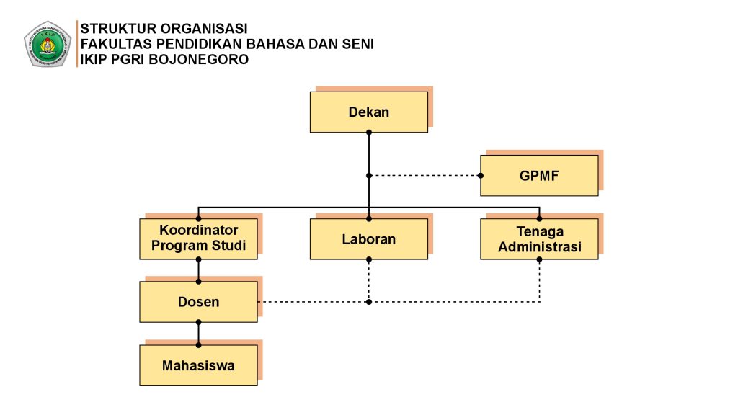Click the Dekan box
[x=368, y=112]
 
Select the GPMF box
[x=539, y=175]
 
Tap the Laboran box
[x=368, y=238]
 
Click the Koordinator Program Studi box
[x=198, y=238]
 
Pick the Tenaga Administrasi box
[x=539, y=238]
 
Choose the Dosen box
[x=198, y=301]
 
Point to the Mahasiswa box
[x=198, y=365]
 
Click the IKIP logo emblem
[x=47, y=44]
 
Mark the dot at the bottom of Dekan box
[x=368, y=133]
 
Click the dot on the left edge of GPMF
[x=481, y=175]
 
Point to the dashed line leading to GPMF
[x=425, y=175]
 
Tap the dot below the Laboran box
[x=368, y=259]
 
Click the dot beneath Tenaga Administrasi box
[x=539, y=259]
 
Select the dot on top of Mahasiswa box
[x=198, y=345]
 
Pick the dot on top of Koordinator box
[x=198, y=218]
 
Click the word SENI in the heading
[x=357, y=44]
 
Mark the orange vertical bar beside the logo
[x=76, y=44]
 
